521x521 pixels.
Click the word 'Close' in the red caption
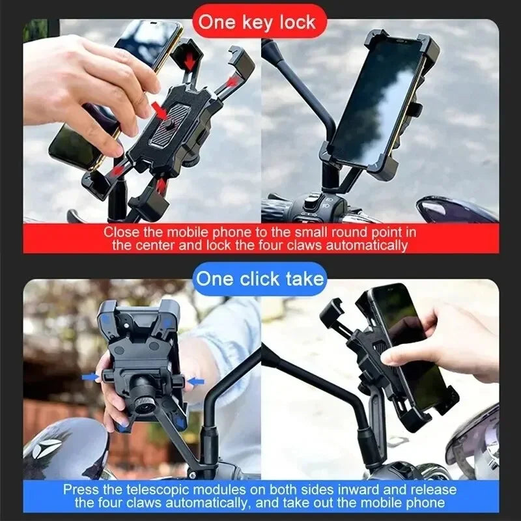point(121,232)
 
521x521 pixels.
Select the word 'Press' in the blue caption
point(81,490)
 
